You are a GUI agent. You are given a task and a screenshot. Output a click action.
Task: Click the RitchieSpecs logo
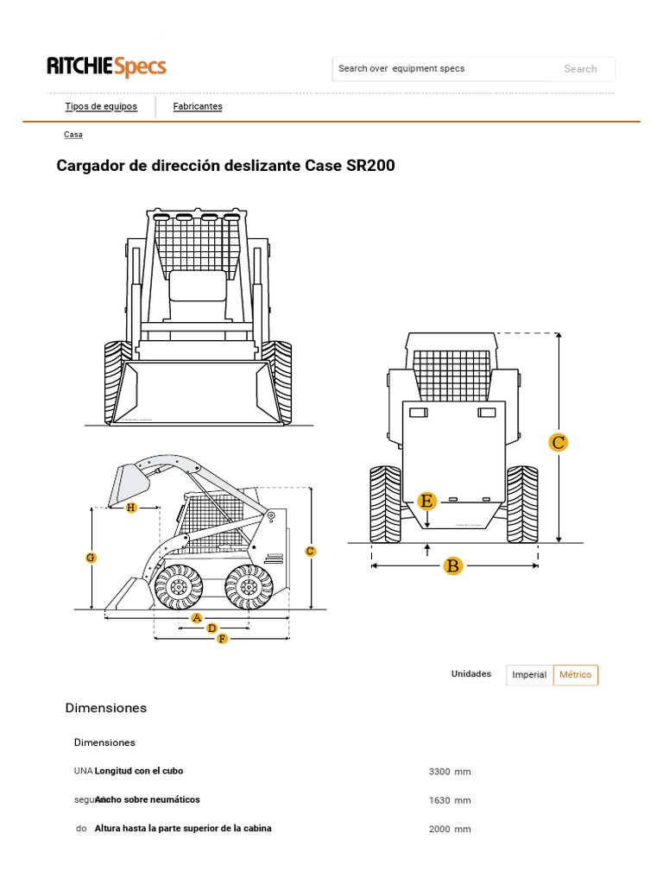coord(106,67)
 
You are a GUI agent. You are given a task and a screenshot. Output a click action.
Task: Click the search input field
coord(440,69)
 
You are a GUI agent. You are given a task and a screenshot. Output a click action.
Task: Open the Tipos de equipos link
coord(101,106)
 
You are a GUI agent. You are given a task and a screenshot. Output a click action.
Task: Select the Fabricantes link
coord(198,106)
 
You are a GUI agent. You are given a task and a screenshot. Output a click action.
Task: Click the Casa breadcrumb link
coord(73,135)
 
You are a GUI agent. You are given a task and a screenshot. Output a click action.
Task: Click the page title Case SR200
coord(225,165)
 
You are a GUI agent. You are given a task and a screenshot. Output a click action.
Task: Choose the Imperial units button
coord(529,675)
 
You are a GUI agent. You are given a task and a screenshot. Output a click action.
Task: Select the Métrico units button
coord(576,675)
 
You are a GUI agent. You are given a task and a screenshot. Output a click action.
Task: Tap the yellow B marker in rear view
coord(452,566)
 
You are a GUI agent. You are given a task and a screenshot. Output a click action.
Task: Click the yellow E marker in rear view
coord(426,501)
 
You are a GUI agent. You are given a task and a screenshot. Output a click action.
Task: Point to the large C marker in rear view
coord(559,443)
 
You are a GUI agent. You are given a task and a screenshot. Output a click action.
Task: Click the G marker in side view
coord(91,559)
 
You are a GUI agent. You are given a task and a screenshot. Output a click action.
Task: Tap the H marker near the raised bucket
coord(131,508)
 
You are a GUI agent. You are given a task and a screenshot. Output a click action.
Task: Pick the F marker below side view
coord(222,639)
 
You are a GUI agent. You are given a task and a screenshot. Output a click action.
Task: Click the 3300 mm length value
coord(449,772)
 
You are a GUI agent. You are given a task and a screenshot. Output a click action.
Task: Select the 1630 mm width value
coord(449,800)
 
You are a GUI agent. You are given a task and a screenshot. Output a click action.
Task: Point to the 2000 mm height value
coord(449,829)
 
